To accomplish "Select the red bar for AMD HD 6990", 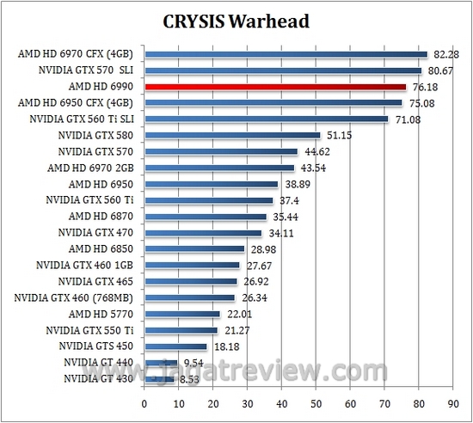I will (275, 87).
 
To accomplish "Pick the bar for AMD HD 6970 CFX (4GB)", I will (286, 54).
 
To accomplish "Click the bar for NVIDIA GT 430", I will (159, 378).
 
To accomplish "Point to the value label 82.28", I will (445, 54).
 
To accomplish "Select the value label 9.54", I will (193, 362).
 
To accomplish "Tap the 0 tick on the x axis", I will (144, 402).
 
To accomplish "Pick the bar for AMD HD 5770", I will (182, 314).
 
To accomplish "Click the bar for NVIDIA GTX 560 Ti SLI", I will (267, 119).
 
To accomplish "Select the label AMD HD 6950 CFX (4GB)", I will (78, 103).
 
